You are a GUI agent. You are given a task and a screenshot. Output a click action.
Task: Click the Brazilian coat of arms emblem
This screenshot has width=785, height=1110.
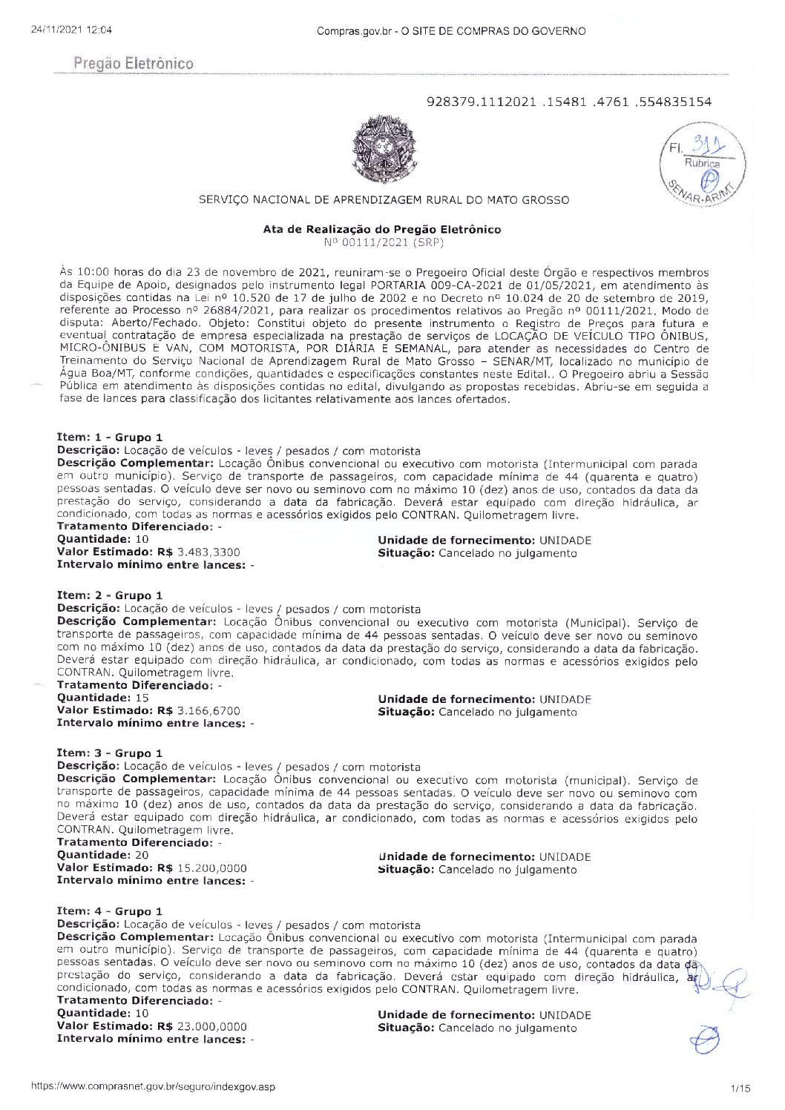click(x=384, y=148)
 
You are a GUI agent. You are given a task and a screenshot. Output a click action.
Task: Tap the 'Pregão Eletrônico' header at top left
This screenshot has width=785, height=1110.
click(x=134, y=64)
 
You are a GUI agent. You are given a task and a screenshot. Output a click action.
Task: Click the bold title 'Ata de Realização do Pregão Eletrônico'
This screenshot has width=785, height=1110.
click(x=382, y=229)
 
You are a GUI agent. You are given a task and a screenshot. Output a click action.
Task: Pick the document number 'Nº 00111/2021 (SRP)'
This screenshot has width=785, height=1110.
click(x=384, y=242)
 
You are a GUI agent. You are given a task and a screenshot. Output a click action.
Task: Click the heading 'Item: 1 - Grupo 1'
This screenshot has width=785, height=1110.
click(x=110, y=437)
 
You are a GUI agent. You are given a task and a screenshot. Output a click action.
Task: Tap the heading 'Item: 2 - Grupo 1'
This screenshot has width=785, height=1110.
click(x=110, y=595)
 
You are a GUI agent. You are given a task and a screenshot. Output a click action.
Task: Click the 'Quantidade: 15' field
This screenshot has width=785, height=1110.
click(x=103, y=698)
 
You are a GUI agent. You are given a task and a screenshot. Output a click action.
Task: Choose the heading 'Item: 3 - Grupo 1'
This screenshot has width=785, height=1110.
click(x=110, y=753)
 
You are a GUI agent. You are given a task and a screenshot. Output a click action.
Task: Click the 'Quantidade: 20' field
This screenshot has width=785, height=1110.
click(x=103, y=855)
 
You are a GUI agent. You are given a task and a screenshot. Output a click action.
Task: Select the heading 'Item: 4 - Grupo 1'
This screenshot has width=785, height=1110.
click(x=110, y=911)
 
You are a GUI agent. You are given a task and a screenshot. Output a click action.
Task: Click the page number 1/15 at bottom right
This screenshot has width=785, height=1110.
click(x=740, y=1088)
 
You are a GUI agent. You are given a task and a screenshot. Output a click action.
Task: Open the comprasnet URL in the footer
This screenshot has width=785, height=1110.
click(x=153, y=1087)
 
